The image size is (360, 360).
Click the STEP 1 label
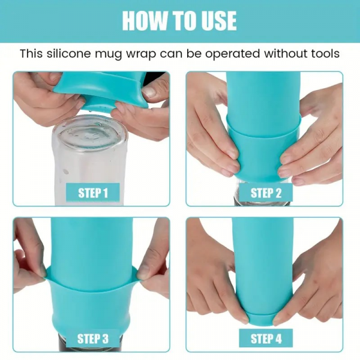click(x=93, y=193)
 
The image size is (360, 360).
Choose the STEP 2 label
click(x=266, y=193)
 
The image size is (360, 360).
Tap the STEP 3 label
click(x=93, y=338)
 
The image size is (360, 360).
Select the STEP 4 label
click(x=266, y=338)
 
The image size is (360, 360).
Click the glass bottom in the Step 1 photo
click(x=90, y=133)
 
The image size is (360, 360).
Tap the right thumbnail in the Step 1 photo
click(x=149, y=92)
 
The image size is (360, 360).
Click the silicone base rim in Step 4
click(x=261, y=319)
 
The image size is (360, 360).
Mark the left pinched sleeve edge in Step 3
click(x=46, y=274)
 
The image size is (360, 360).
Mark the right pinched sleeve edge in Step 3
click(x=139, y=274)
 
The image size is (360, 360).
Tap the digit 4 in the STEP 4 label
click(x=278, y=338)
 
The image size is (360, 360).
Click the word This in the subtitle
click(x=31, y=54)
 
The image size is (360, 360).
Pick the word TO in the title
click(x=181, y=20)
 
